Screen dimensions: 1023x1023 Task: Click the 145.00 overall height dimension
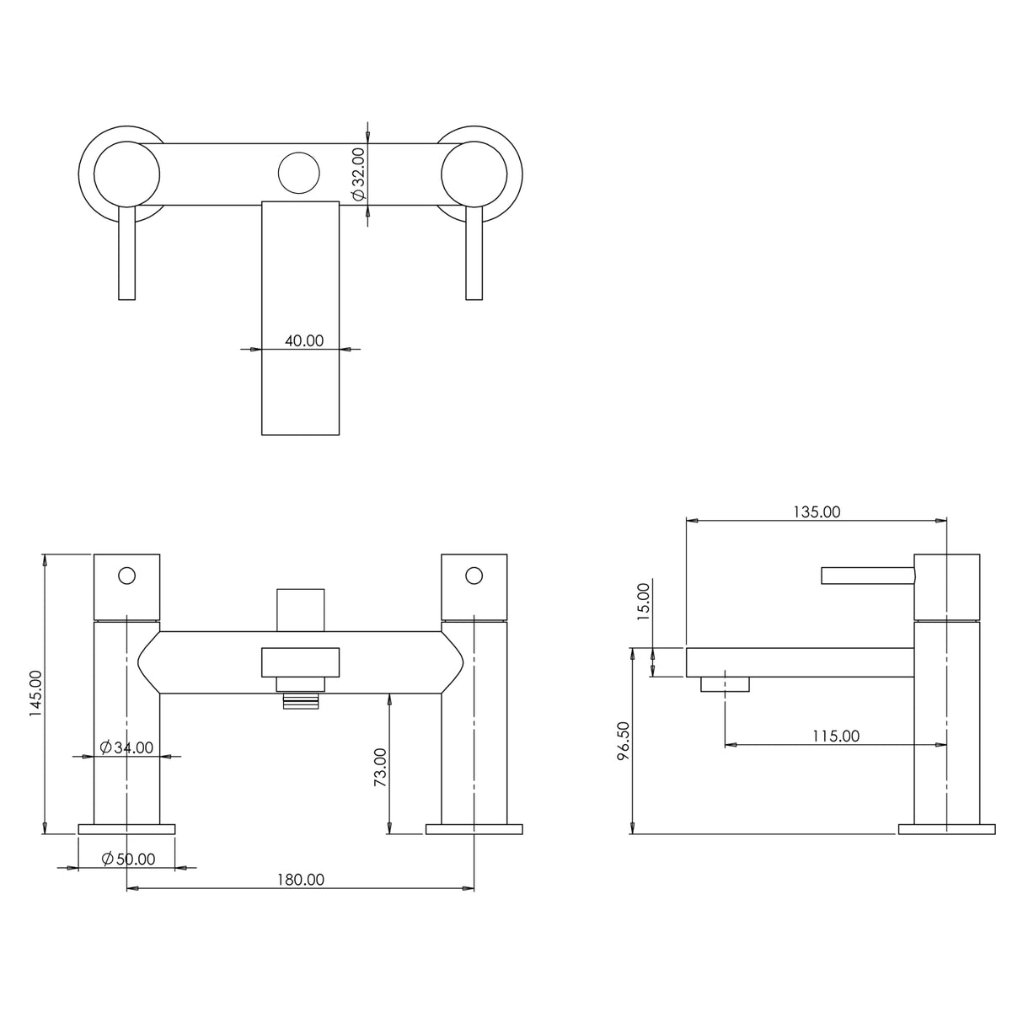(35, 694)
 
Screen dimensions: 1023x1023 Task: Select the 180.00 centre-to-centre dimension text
(301, 879)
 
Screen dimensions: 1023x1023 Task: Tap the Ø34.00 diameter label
(126, 747)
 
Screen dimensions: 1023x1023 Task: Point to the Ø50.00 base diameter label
(128, 859)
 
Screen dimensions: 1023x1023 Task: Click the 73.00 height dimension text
(379, 767)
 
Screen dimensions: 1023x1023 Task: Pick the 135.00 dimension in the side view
(817, 511)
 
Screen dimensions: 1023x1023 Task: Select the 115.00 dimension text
(835, 736)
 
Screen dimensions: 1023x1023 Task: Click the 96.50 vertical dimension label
(622, 742)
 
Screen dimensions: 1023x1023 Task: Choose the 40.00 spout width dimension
(303, 340)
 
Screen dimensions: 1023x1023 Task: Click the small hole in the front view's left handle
(126, 576)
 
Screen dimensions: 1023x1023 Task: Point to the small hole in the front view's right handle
(474, 576)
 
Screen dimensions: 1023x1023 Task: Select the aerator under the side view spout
(725, 684)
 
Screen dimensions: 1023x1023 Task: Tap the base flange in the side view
(946, 829)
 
